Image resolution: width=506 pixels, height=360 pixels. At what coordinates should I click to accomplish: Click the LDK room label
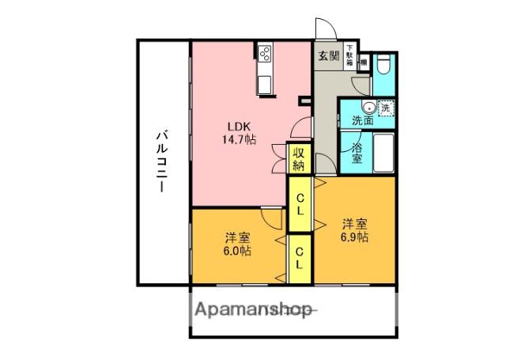tap(237, 126)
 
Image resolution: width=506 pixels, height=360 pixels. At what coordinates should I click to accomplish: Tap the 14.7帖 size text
tap(237, 139)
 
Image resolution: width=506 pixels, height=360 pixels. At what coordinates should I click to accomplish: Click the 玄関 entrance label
tap(329, 55)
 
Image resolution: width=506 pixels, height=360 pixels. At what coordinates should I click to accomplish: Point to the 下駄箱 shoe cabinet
tap(349, 55)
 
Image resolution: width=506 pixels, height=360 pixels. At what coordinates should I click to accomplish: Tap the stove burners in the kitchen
tap(264, 54)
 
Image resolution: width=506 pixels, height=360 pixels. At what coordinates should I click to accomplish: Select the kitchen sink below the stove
tap(264, 81)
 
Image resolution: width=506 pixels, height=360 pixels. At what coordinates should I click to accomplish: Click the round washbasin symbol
tap(368, 108)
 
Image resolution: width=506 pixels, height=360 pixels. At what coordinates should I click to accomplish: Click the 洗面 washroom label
tap(364, 121)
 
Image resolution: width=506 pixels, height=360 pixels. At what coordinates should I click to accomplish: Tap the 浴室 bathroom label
tap(357, 153)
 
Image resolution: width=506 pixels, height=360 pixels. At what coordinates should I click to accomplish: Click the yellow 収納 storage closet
tap(298, 159)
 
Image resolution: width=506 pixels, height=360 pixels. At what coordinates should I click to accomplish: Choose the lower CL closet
tap(300, 259)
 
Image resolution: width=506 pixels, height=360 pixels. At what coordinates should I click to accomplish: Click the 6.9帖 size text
tap(353, 230)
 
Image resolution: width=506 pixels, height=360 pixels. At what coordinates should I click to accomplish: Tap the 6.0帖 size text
tap(236, 244)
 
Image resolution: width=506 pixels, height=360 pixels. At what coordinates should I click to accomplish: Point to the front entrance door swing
tap(326, 29)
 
